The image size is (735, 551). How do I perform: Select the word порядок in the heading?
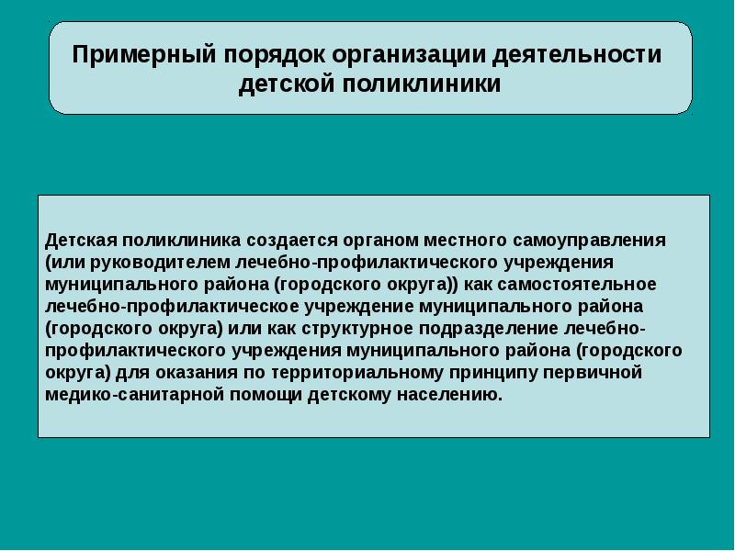(274, 55)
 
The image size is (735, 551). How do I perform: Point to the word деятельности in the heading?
(577, 55)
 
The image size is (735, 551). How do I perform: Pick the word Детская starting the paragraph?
(81, 241)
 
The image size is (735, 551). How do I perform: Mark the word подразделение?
(489, 329)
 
